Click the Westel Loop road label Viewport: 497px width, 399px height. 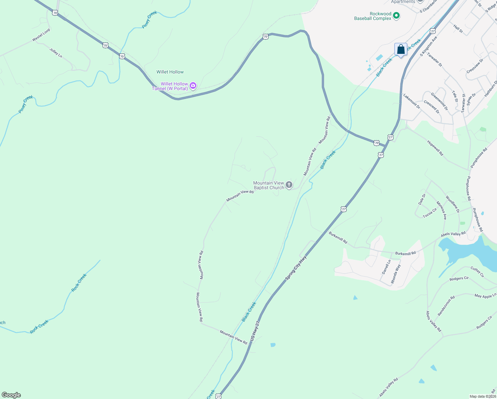pos(41,35)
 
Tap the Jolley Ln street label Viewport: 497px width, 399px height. pos(56,53)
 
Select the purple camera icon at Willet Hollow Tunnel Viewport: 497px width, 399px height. pos(193,86)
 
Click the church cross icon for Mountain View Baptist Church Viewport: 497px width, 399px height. pos(289,185)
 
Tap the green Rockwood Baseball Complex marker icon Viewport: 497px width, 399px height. pos(396,16)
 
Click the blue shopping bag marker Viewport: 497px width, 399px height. pos(401,50)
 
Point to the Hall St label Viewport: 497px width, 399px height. pos(458,28)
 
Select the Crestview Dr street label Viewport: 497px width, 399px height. pos(475,66)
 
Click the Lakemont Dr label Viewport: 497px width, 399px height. pos(412,101)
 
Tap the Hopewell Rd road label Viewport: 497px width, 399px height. pos(435,148)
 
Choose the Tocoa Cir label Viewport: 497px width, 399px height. pos(430,213)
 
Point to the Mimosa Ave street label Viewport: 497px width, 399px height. pos(442,210)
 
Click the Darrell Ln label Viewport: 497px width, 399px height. pos(386,267)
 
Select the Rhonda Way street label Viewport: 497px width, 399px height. pos(396,274)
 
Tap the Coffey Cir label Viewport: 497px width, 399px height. pos(477,272)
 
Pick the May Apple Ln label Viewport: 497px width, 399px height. pos(485,296)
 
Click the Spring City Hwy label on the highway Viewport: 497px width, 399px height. pos(296,268)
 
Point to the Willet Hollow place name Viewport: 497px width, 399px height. pos(170,72)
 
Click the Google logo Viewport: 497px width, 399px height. pos(11,395)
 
